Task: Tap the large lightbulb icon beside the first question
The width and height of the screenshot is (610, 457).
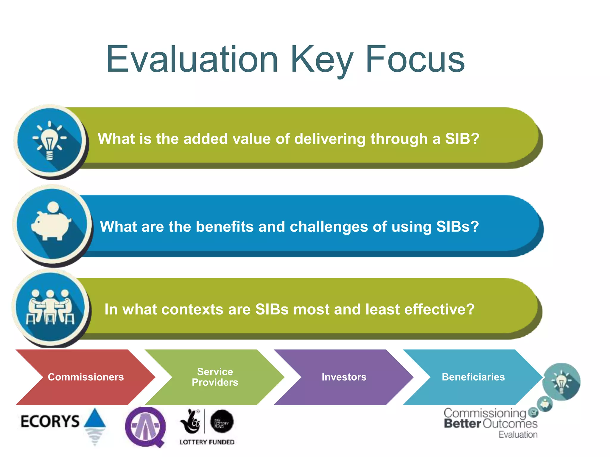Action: pos(50,140)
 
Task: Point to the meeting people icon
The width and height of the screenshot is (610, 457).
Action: pos(50,307)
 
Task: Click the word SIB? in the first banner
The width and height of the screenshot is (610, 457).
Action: pos(462,139)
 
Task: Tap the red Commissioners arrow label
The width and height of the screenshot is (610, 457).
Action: pos(86,377)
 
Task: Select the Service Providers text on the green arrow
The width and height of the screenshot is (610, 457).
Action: pos(215,377)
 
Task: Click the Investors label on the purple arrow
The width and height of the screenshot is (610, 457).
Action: pos(344,377)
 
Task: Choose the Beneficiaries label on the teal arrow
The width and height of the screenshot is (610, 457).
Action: pos(473,377)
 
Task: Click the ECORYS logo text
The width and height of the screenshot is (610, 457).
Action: pos(50,421)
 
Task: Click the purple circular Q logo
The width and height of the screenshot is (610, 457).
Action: pos(145,427)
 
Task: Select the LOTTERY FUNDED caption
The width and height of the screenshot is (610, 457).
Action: pos(207,442)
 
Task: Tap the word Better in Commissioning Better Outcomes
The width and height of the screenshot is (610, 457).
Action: pos(462,424)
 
